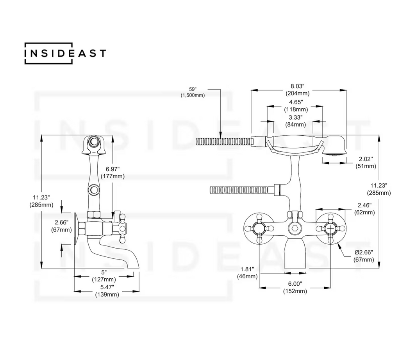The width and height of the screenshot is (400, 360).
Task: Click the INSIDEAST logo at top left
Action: [65, 53]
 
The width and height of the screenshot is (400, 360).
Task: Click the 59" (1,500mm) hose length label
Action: [192, 92]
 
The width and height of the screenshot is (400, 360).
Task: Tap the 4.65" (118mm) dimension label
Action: [296, 106]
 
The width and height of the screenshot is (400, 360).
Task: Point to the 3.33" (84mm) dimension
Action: [295, 121]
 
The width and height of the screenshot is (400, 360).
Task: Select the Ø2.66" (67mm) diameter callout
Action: [363, 256]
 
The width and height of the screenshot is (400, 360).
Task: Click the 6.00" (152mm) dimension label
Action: [295, 287]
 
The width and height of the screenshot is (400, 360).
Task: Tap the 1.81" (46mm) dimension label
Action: [248, 272]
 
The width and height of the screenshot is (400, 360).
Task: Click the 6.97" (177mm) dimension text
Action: [115, 172]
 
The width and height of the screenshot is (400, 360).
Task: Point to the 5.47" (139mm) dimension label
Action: [107, 291]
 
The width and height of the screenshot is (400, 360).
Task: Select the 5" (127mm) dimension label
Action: [107, 276]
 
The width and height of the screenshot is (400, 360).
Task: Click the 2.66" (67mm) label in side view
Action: [61, 226]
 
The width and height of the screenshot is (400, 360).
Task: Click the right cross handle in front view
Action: [331, 228]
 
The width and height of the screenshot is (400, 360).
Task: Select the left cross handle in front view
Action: [258, 228]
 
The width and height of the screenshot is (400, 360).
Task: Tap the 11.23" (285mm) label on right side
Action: [379, 189]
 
